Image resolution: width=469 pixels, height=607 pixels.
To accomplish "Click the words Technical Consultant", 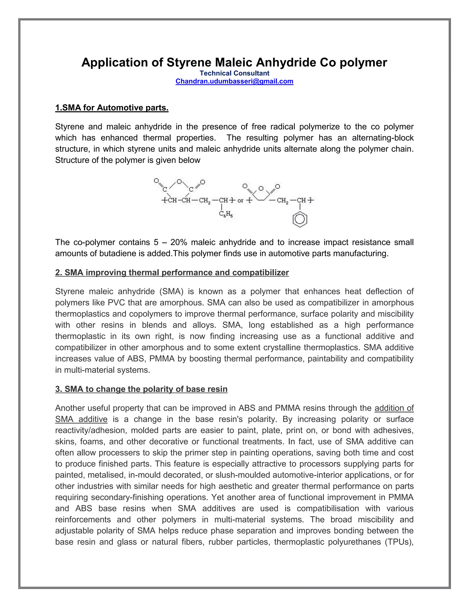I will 234,73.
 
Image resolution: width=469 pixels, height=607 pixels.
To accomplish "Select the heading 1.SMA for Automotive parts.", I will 112,108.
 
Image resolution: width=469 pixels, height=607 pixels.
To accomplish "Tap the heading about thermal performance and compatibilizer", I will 172,272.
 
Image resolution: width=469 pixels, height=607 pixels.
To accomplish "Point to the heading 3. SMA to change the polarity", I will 141,389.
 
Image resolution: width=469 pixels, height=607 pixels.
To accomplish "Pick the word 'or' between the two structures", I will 240,201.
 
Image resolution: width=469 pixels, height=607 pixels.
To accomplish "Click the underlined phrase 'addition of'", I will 394,408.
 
